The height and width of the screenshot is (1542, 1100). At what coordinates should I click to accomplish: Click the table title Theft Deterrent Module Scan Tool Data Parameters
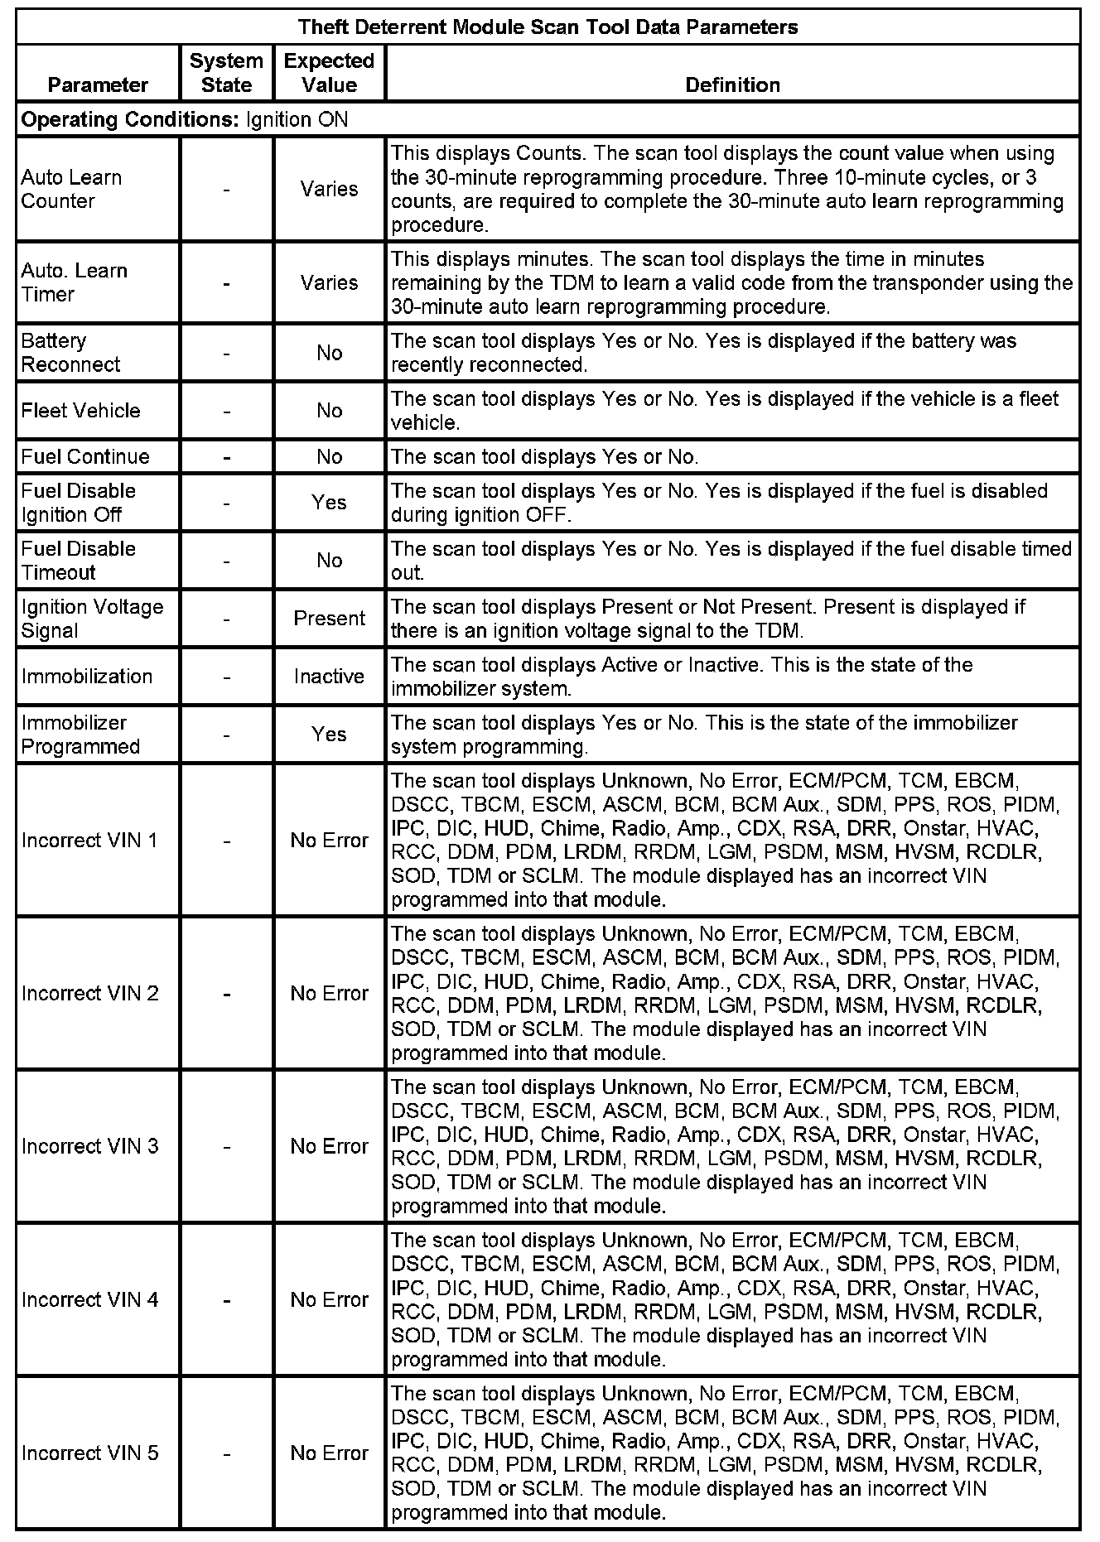548,27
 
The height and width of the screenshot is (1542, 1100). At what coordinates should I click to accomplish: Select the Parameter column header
98,84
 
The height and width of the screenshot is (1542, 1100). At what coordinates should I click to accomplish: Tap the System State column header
226,73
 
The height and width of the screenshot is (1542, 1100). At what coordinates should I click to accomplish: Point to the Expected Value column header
329,73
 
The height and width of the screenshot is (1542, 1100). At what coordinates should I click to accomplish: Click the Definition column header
732,84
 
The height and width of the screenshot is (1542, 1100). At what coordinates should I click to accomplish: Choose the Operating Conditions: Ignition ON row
185,119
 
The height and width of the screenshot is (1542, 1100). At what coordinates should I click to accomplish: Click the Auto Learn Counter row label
71,189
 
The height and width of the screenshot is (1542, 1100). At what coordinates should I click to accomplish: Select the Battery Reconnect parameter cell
70,353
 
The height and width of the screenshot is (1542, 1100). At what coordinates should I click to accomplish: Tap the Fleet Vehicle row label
81,411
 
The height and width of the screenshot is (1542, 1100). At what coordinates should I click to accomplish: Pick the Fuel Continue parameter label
85,456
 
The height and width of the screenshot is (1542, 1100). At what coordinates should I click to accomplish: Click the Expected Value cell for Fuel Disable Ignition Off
329,503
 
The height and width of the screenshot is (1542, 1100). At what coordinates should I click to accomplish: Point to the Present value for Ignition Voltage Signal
329,619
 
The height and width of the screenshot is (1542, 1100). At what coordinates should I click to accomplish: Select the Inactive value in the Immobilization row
329,677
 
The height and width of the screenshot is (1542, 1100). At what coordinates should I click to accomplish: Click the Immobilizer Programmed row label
80,735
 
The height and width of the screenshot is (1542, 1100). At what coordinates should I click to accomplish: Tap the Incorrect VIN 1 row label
89,841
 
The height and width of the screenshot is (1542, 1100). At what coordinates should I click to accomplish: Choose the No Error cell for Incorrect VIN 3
329,1146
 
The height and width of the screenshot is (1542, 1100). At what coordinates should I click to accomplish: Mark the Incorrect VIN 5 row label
89,1453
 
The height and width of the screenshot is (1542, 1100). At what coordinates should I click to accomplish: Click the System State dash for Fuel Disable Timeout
226,561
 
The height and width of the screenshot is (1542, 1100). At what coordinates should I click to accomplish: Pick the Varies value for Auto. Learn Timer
329,282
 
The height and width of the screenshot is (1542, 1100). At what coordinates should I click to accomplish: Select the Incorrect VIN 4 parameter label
89,1299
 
